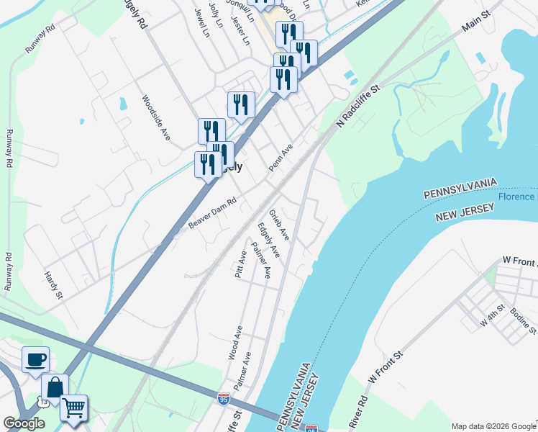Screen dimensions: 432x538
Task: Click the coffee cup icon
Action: pos(35,359)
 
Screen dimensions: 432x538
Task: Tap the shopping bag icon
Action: pos(55,387)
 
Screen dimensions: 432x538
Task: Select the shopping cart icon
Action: pos(73,408)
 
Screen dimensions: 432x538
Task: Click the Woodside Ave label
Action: pos(155,118)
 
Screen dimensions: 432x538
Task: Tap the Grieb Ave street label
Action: pos(279,225)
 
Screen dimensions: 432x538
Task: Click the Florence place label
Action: pos(517,197)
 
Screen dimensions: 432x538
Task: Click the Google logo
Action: pos(24,423)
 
